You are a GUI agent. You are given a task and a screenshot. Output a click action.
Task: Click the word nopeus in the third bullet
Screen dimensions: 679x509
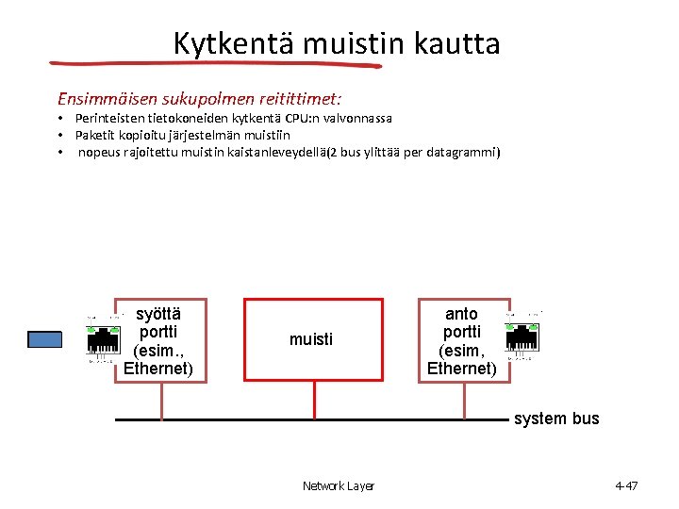[98, 152]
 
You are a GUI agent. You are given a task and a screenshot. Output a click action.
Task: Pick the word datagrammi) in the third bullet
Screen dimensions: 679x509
[463, 152]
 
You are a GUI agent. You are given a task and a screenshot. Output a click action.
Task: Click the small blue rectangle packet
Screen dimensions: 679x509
[44, 339]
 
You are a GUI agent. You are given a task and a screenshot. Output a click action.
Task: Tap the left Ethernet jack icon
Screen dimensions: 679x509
[103, 337]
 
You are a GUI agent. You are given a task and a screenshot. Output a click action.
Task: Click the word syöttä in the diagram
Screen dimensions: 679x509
[158, 314]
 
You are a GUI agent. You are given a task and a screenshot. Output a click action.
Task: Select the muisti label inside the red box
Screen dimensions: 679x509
[311, 339]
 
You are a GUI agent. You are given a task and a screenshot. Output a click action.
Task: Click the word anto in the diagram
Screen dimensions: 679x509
[461, 314]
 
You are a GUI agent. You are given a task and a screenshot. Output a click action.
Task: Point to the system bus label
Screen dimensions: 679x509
[556, 419]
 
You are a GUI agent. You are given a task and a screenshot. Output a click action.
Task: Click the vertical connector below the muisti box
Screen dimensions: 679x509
[313, 399]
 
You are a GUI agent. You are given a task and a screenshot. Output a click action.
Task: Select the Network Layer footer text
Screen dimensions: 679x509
[338, 486]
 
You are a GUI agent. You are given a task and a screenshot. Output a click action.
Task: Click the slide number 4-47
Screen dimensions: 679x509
[626, 486]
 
